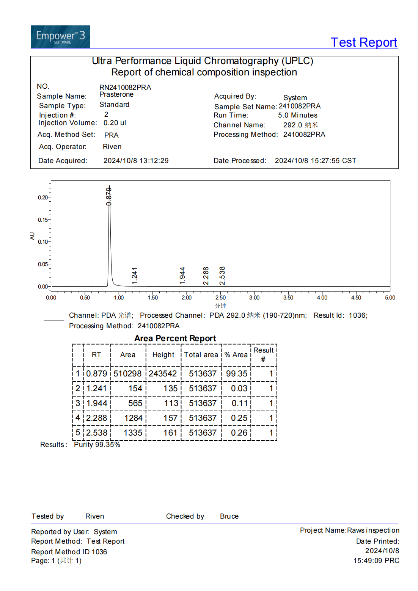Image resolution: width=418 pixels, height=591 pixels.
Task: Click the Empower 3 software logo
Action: [x=60, y=36]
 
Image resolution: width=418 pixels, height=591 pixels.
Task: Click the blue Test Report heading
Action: [x=363, y=42]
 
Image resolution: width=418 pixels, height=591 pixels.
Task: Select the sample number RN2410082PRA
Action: [x=125, y=88]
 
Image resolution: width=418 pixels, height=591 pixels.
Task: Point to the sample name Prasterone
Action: [x=116, y=94]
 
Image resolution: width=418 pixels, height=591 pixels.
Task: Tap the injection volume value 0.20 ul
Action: [x=115, y=123]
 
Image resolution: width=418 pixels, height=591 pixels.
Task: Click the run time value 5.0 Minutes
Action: [x=297, y=115]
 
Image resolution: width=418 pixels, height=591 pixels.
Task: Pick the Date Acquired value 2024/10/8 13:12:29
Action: [x=136, y=161]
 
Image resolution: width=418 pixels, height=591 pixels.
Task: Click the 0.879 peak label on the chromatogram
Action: [x=109, y=196]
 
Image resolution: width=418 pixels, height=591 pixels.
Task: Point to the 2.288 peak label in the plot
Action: [x=206, y=276]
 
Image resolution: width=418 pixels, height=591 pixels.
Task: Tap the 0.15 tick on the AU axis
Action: [x=43, y=220]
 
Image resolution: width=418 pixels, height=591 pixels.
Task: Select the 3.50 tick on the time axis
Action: [x=288, y=298]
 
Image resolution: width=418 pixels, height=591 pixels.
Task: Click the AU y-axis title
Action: [x=32, y=236]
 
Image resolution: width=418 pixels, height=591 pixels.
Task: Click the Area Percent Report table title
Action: [x=175, y=338]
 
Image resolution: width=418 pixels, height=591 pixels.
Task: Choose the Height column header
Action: [x=163, y=355]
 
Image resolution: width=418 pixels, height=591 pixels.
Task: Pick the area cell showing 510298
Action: [x=127, y=374]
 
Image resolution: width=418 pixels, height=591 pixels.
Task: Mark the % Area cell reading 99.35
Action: [x=237, y=374]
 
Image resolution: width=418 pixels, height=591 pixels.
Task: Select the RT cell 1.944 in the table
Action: [x=97, y=403]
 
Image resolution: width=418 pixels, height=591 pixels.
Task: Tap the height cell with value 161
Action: [x=170, y=433]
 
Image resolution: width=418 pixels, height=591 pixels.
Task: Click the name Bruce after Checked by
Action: [x=229, y=516]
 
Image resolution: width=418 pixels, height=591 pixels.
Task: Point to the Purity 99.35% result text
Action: [x=97, y=445]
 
